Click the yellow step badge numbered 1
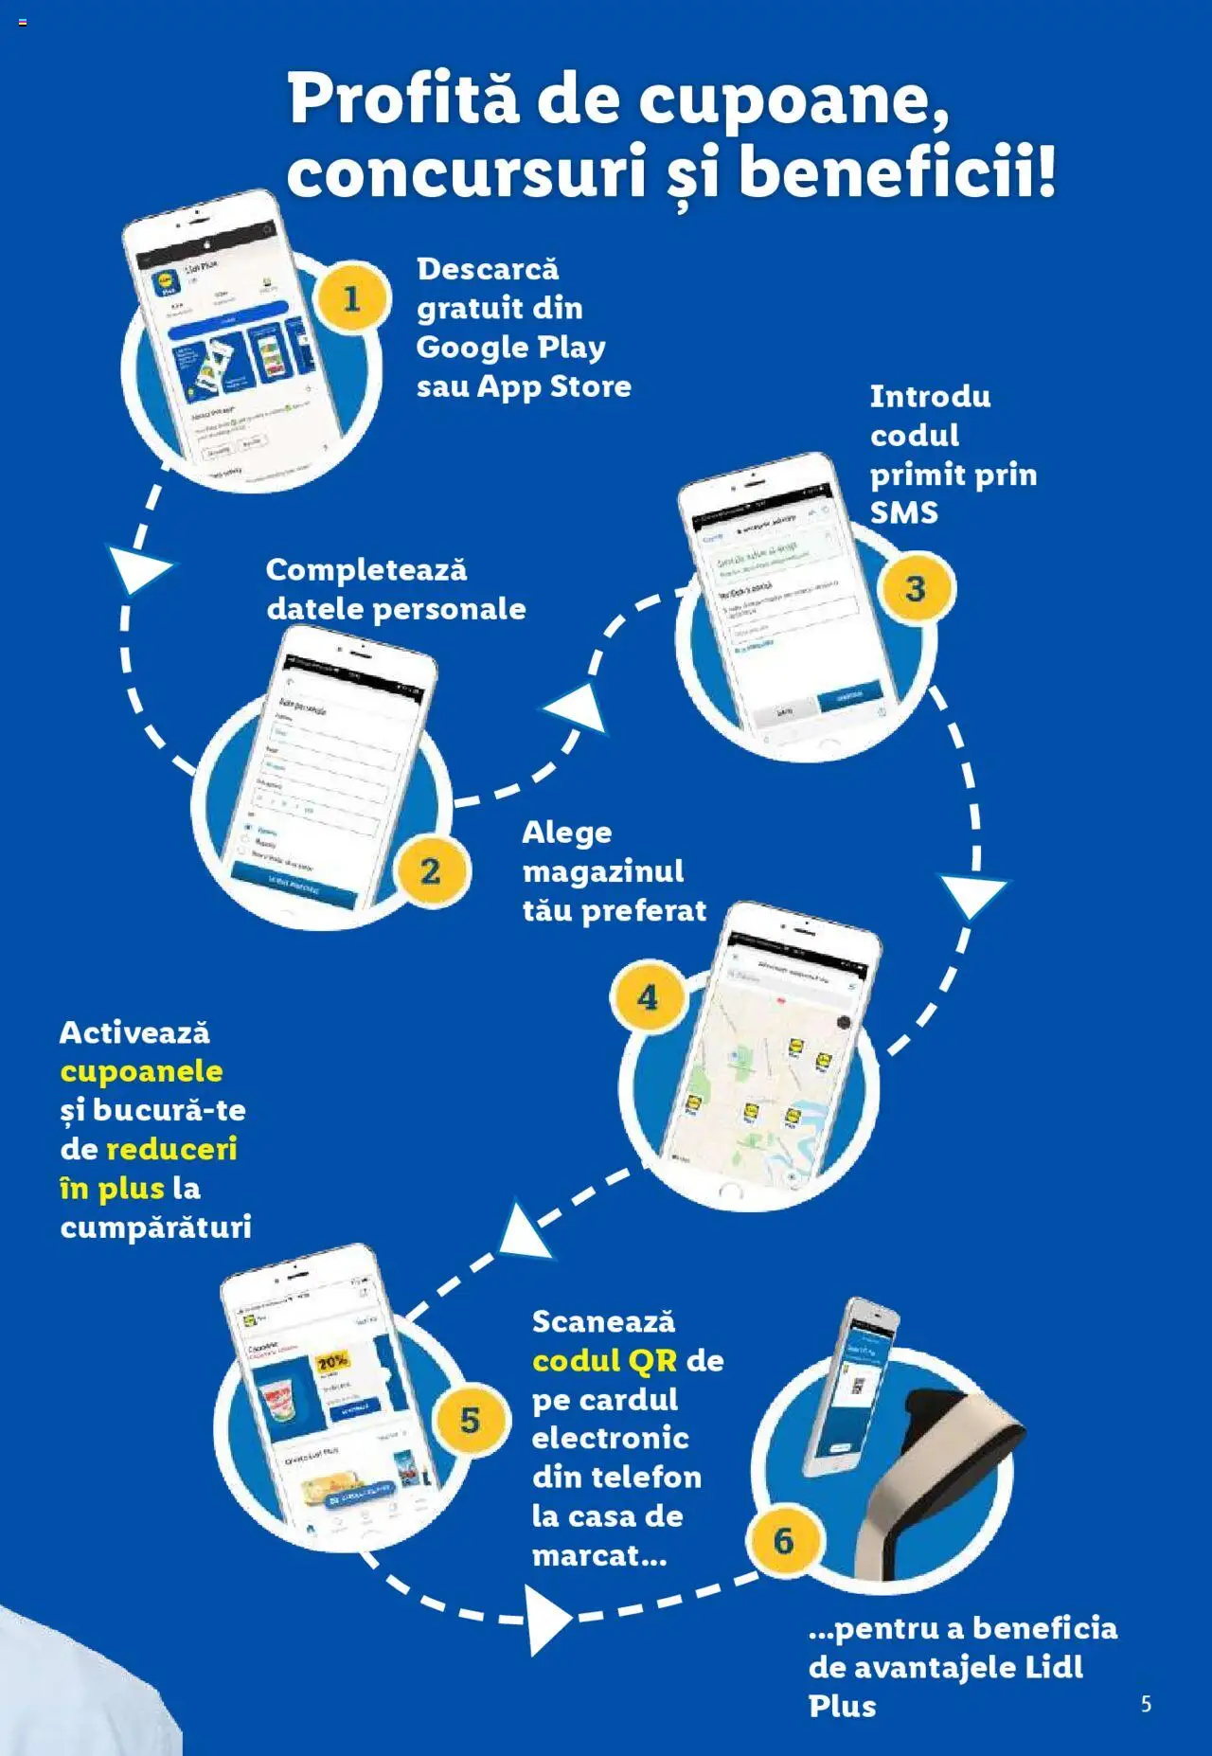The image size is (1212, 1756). pyautogui.click(x=351, y=299)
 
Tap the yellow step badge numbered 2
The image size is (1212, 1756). pyautogui.click(x=431, y=870)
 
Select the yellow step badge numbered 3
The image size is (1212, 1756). pyautogui.click(x=916, y=588)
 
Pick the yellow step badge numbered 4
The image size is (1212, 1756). pyautogui.click(x=648, y=997)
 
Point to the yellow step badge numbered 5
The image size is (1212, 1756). pyautogui.click(x=471, y=1420)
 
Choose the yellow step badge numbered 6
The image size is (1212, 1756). pyautogui.click(x=784, y=1541)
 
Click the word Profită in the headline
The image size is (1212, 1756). pyautogui.click(x=403, y=99)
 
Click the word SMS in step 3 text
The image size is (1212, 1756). pyautogui.click(x=904, y=512)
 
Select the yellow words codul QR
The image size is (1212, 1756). pyautogui.click(x=605, y=1360)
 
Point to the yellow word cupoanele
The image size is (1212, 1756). pyautogui.click(x=141, y=1071)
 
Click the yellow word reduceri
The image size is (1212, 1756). pyautogui.click(x=171, y=1149)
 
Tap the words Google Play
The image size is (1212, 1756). pyautogui.click(x=510, y=347)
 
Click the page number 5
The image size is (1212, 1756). pyautogui.click(x=1146, y=1704)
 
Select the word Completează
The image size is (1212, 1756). pyautogui.click(x=366, y=569)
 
